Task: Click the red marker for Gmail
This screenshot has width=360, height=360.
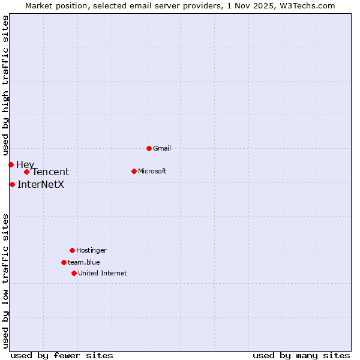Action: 149,148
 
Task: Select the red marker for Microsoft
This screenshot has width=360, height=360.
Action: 134,171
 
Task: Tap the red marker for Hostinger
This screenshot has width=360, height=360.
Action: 72,250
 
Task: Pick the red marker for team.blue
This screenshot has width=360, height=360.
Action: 64,262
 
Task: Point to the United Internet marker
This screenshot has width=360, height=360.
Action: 74,273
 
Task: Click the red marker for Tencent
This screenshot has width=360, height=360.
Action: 26,172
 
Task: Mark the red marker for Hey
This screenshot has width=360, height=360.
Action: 11,164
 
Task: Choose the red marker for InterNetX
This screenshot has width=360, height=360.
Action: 12,184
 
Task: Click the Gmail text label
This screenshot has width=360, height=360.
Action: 162,148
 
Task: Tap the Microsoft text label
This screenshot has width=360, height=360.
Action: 152,171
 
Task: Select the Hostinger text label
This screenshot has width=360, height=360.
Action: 91,250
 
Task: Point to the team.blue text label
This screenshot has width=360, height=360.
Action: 84,262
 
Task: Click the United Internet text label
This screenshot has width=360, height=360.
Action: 103,273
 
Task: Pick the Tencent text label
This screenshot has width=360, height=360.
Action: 50,172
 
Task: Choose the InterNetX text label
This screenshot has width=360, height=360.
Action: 41,184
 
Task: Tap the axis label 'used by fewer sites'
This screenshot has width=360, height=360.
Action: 62,355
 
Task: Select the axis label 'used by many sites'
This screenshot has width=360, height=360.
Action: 301,355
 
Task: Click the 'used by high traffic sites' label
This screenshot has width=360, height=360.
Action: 5,85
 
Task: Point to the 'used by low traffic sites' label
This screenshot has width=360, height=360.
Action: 5,280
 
